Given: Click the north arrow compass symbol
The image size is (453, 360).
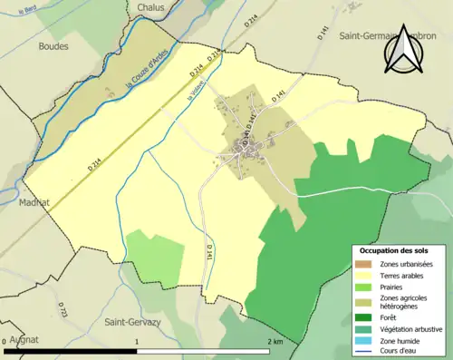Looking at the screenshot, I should click(404, 51).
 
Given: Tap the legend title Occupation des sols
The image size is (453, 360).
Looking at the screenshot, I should click(395, 249).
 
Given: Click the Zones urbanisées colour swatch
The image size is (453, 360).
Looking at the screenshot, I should click(365, 263).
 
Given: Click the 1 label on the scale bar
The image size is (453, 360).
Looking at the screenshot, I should click(137, 342).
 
